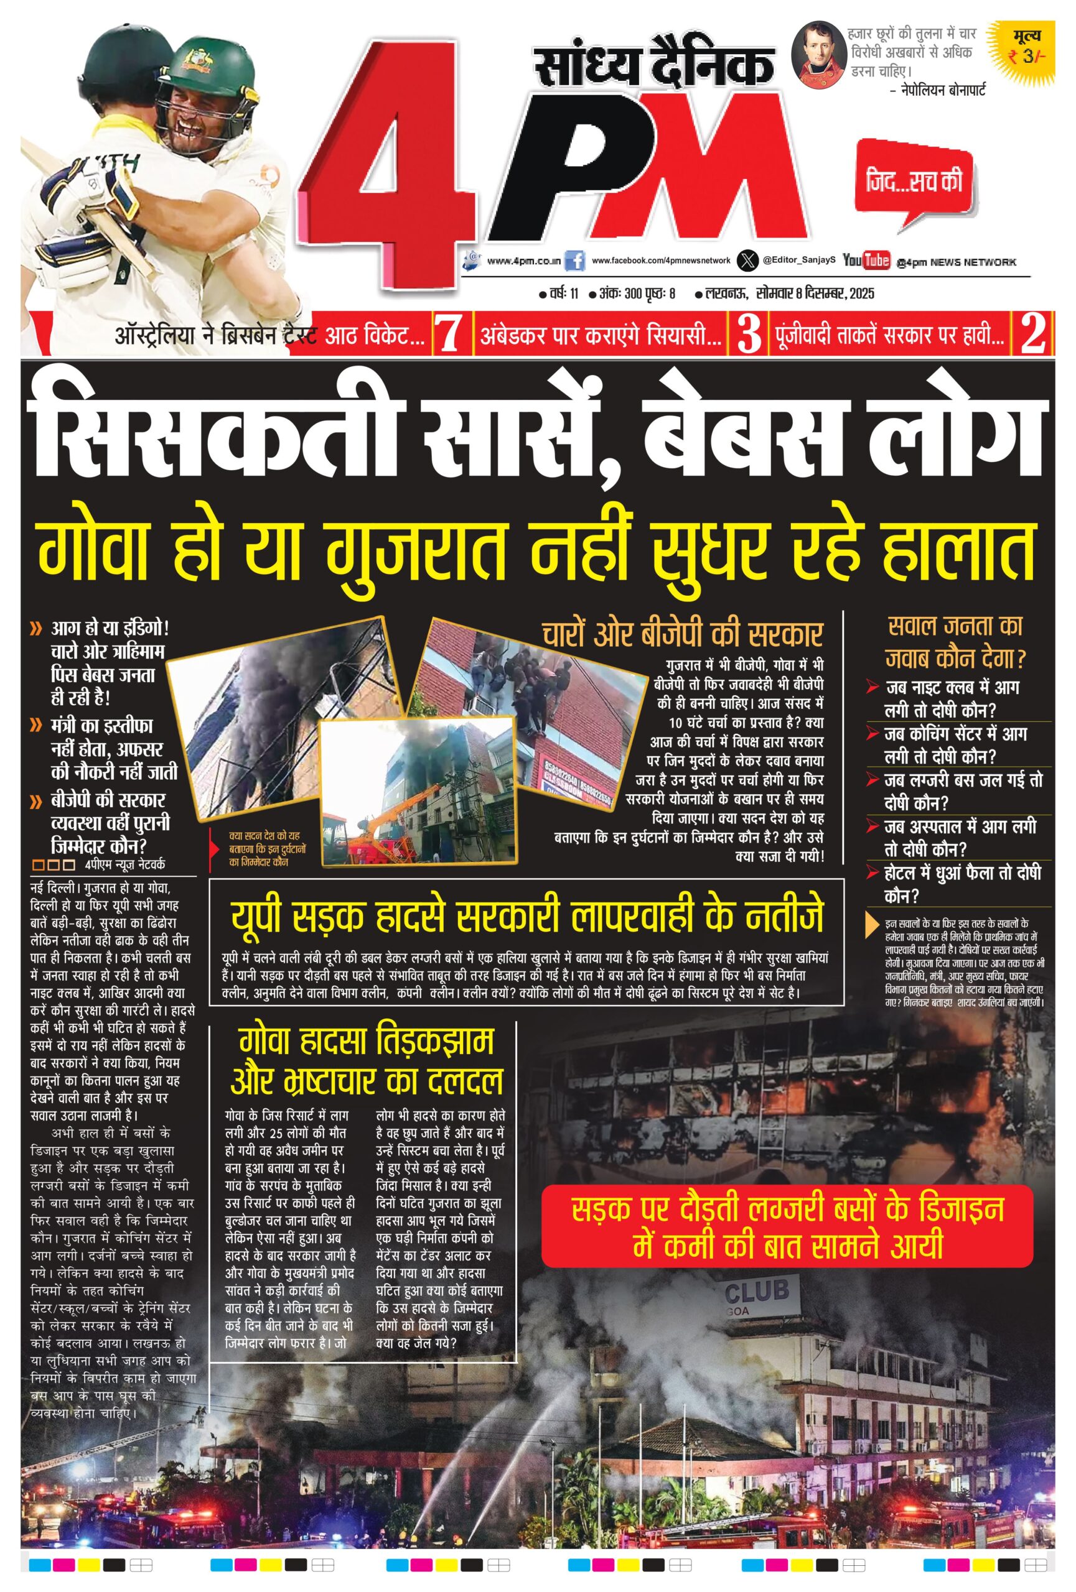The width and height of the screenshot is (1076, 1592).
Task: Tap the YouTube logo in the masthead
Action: coord(866,261)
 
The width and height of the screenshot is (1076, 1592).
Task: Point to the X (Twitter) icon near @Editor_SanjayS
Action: coord(747,261)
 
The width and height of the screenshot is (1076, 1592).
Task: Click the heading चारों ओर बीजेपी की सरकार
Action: coord(681,634)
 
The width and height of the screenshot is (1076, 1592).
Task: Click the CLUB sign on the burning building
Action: coord(757,1292)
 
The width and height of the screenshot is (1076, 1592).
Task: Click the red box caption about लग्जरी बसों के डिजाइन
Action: coord(787,1226)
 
